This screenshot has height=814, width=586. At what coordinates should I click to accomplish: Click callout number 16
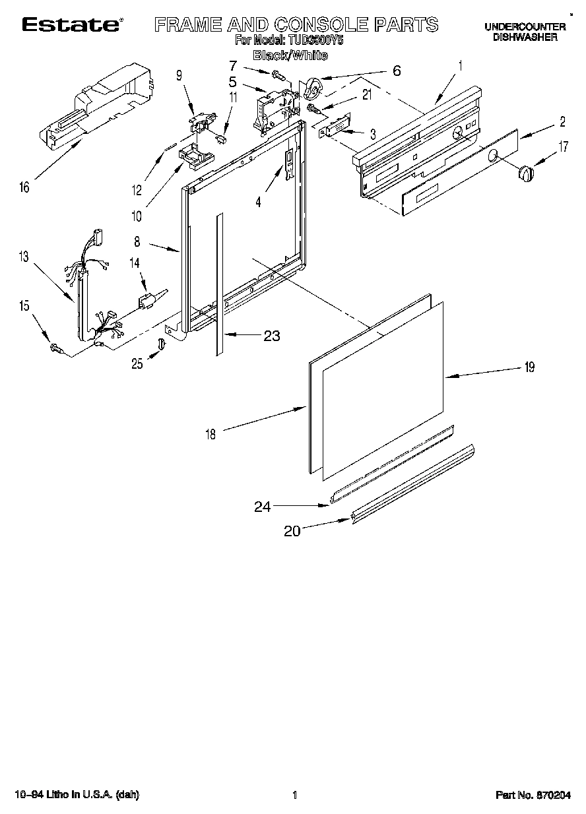point(24,188)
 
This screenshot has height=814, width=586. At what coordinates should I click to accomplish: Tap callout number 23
point(271,336)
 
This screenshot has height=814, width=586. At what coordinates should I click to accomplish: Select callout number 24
point(263,507)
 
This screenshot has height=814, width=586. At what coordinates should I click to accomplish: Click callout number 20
point(292,531)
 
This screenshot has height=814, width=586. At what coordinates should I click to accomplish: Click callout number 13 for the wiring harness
point(24,257)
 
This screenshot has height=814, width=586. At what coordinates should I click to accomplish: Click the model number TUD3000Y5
point(317,40)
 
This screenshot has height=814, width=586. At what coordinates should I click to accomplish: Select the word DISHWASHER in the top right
point(525,38)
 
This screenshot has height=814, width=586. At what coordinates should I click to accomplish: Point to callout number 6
point(396,71)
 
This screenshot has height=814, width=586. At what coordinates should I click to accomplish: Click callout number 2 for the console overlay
point(562,121)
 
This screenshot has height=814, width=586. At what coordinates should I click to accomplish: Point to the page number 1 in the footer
point(295,796)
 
